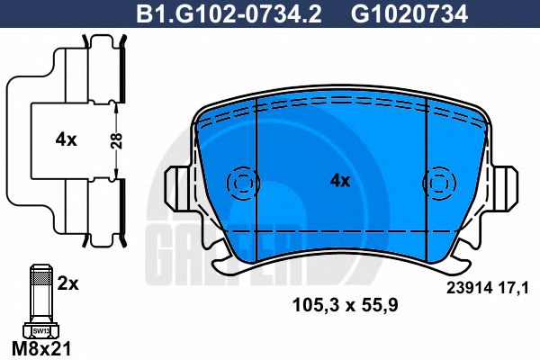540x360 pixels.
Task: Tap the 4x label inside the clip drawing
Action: (x=65, y=139)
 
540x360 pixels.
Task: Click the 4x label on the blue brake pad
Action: (x=339, y=180)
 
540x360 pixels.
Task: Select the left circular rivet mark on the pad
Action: (x=242, y=183)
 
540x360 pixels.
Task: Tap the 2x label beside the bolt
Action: (x=68, y=283)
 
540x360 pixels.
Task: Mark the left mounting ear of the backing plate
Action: (x=180, y=189)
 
